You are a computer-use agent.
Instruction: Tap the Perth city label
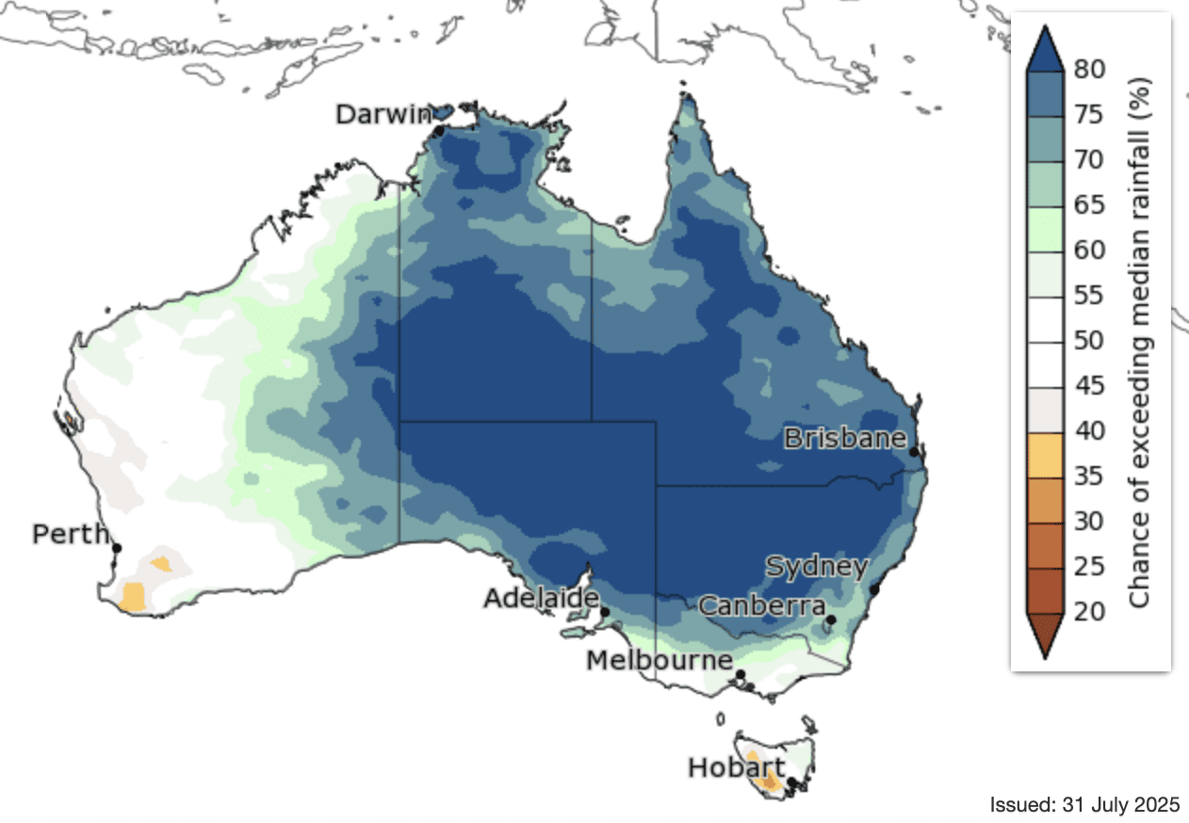[71, 535]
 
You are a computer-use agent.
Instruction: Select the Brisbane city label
[844, 439]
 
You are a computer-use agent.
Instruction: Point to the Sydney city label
[816, 567]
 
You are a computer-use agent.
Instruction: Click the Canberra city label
[761, 605]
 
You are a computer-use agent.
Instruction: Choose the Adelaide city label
[541, 599]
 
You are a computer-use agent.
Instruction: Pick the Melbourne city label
[659, 661]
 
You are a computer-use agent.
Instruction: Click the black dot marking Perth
[117, 548]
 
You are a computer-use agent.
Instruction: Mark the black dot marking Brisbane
[914, 453]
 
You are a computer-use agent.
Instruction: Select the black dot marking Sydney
[873, 589]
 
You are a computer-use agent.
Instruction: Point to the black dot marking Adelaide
[605, 612]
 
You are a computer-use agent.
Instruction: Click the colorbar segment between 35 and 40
[1045, 454]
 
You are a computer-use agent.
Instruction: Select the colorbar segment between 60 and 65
[1045, 228]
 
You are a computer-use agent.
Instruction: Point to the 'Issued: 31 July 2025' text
[1084, 805]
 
